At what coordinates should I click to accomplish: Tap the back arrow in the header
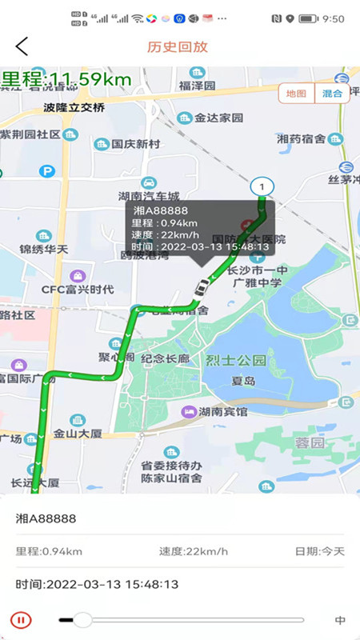pyautogui.click(x=22, y=46)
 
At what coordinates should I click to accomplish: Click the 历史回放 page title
pyautogui.click(x=178, y=46)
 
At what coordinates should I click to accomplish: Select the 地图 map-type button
pyautogui.click(x=296, y=94)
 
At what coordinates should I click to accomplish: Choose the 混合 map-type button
pyautogui.click(x=332, y=94)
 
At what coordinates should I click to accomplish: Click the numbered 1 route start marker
pyautogui.click(x=261, y=186)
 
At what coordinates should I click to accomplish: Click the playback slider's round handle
pyautogui.click(x=82, y=619)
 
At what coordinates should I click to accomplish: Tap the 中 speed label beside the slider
pyautogui.click(x=340, y=620)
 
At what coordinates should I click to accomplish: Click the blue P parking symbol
pyautogui.click(x=47, y=170)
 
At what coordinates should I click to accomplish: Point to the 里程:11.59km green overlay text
pyautogui.click(x=66, y=78)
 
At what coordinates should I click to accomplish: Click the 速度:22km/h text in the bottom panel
pyautogui.click(x=193, y=551)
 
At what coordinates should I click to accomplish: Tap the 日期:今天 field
pyautogui.click(x=320, y=551)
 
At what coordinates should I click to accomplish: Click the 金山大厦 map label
pyautogui.click(x=78, y=434)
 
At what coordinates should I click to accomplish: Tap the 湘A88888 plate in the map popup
pyautogui.click(x=156, y=211)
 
